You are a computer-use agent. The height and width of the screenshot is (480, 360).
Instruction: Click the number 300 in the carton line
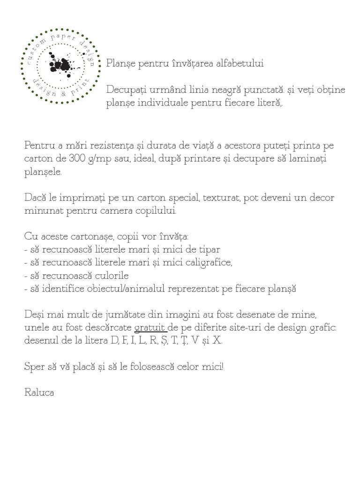pos(78,158)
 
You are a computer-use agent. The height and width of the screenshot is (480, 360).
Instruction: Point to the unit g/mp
pos(104,158)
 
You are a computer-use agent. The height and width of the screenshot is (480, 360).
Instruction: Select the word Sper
pos(35,366)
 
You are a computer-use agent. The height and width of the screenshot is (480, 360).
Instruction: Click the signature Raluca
pos(39,392)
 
